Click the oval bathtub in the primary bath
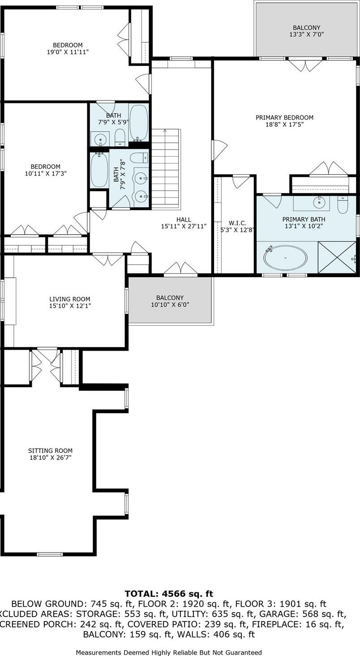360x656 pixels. pos(286,258)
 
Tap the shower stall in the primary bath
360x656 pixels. pos(337,257)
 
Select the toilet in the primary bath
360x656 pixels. pos(343,205)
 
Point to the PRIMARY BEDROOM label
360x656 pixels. pos(284,118)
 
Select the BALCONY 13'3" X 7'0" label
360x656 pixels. pos(306,28)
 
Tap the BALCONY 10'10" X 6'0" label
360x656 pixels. pos(170,298)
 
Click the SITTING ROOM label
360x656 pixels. pos(50,450)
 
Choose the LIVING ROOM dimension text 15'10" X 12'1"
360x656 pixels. pos(70,306)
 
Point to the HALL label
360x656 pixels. pos(184,219)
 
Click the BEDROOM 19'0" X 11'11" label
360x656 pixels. pos(68,45)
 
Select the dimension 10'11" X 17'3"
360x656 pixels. pos(43,173)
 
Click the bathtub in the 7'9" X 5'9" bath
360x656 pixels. pos(138,122)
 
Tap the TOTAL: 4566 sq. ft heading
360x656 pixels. pos(169,594)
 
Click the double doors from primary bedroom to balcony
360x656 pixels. pos(305,65)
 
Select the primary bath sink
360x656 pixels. pos(319,202)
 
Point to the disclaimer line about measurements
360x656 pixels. pos(169,652)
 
